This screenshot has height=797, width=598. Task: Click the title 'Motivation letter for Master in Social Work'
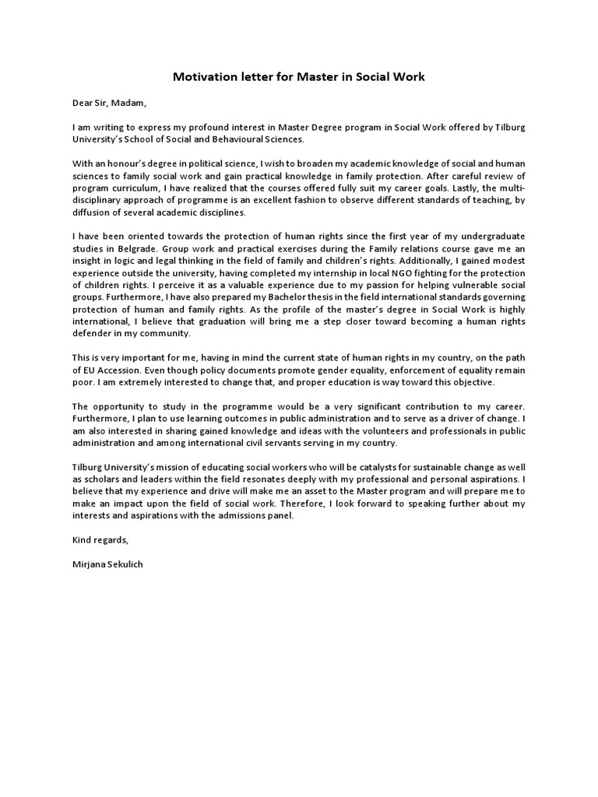coord(298,77)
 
